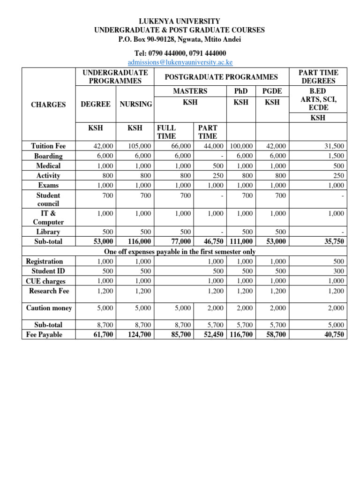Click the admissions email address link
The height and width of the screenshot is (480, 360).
[180, 62]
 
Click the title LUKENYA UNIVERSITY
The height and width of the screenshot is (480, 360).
[180, 22]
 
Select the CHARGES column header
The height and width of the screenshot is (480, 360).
[48, 105]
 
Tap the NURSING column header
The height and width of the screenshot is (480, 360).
[135, 104]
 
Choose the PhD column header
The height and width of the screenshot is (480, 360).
[240, 91]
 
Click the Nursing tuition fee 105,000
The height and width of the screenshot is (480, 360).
[139, 146]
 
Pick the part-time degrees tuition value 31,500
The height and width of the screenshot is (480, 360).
[335, 146]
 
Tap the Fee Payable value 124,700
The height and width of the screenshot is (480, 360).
[139, 335]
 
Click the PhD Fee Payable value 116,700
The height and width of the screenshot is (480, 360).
[241, 335]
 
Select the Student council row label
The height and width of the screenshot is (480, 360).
[48, 200]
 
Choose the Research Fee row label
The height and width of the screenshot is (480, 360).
[49, 291]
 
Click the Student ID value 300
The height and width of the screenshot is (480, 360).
[338, 271]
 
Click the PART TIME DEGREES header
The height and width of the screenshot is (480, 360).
[318, 77]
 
